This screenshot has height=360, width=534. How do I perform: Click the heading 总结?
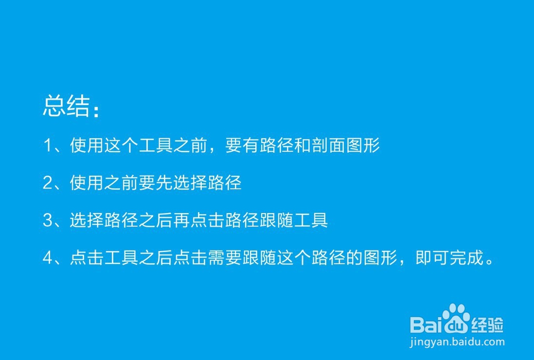click(67, 106)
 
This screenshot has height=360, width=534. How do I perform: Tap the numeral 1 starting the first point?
click(48, 145)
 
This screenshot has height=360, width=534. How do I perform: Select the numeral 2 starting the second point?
click(48, 183)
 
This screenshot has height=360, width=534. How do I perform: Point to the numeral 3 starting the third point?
click(48, 220)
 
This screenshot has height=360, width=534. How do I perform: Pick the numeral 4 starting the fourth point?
click(48, 257)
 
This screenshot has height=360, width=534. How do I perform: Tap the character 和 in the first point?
click(302, 145)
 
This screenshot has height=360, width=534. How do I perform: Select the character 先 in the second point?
click(164, 183)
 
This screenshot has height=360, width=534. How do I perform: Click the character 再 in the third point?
click(182, 220)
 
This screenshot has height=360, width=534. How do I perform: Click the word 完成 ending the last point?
click(467, 257)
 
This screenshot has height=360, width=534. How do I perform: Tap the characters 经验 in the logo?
click(487, 325)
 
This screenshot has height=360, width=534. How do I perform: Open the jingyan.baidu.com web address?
click(457, 342)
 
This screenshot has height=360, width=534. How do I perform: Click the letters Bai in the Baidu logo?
click(426, 324)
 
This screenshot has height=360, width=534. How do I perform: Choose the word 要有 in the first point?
click(242, 145)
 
